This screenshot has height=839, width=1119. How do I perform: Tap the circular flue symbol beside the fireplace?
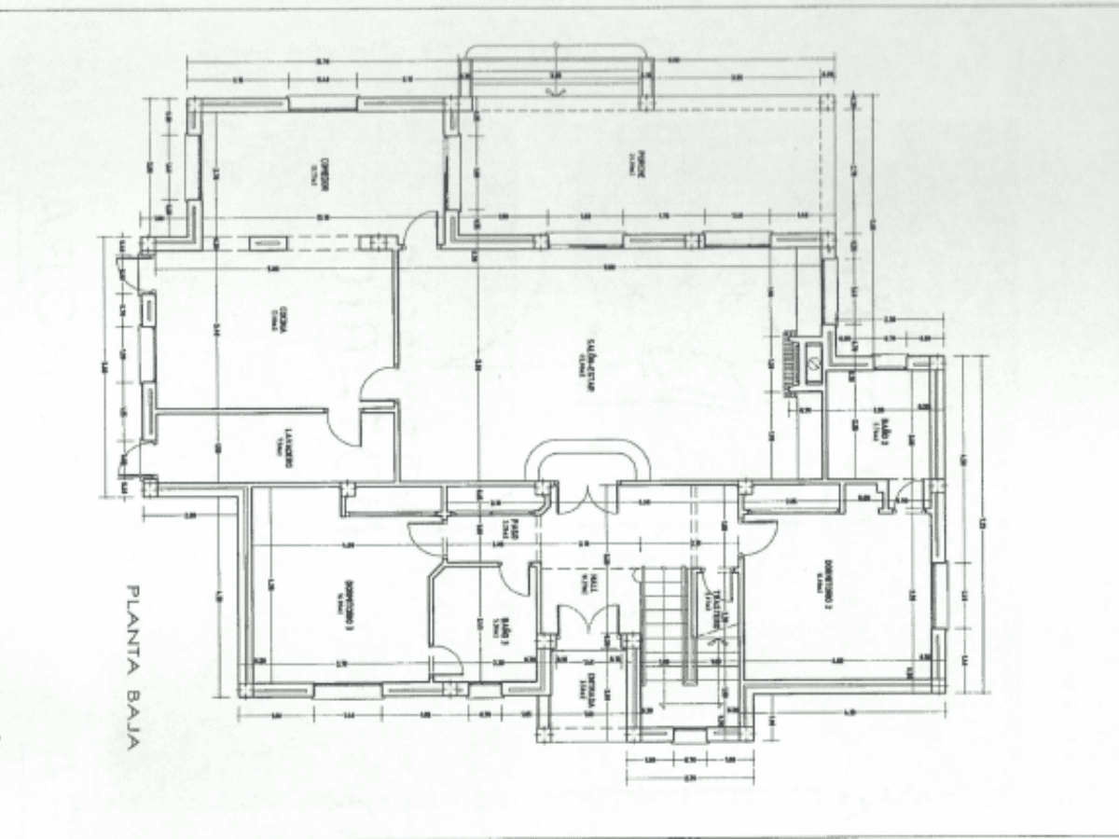click(814, 354)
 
